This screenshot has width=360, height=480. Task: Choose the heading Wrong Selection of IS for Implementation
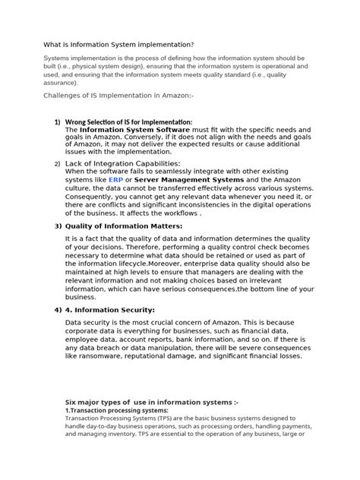[128, 122]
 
